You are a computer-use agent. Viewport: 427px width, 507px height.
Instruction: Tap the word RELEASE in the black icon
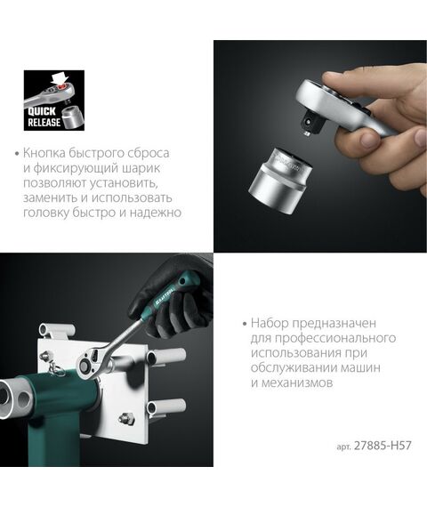click(x=45, y=123)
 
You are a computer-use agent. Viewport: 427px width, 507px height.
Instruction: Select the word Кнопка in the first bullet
click(x=48, y=153)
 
